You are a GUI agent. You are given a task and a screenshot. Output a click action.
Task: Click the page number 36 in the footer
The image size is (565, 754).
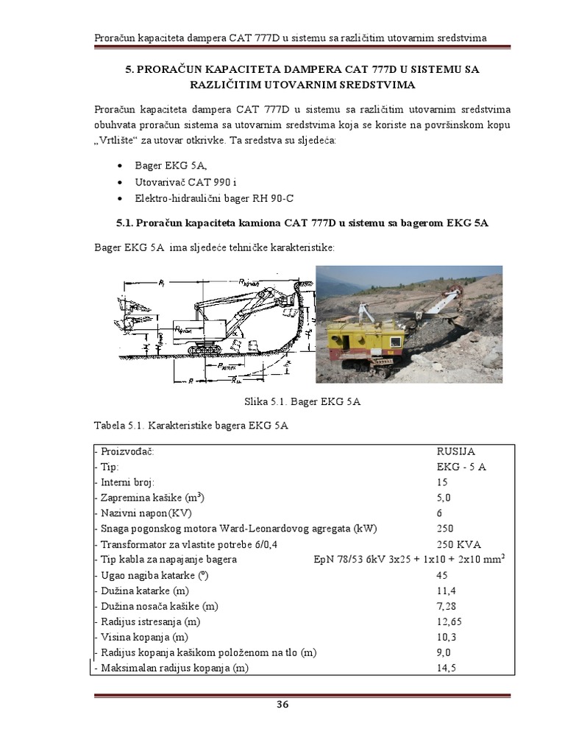pyautogui.click(x=282, y=705)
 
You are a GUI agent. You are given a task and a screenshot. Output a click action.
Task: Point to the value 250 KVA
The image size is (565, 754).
pyautogui.click(x=458, y=543)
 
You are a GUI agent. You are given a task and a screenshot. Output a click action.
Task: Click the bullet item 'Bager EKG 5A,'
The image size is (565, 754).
pyautogui.click(x=166, y=166)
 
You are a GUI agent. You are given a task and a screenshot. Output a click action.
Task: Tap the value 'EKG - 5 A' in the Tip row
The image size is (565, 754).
pyautogui.click(x=461, y=466)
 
